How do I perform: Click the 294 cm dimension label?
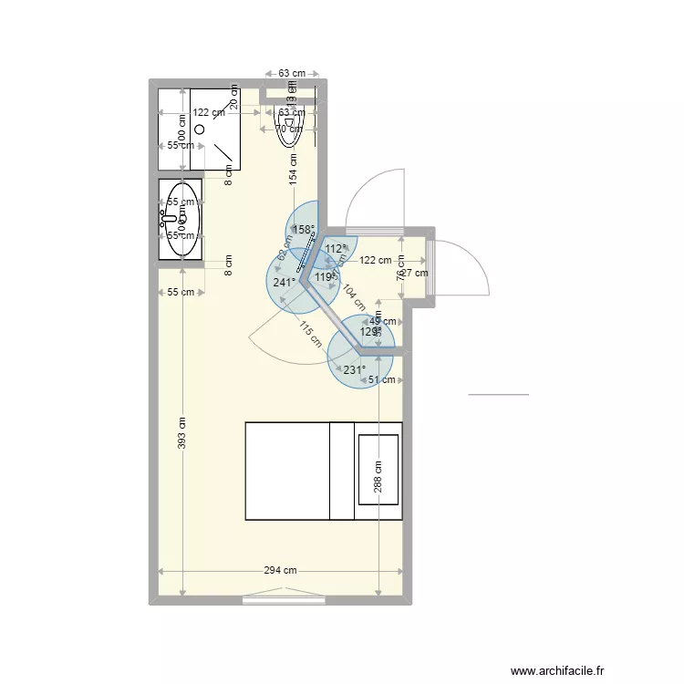click(x=281, y=571)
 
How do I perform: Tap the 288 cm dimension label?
click(x=378, y=475)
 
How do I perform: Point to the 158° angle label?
click(x=303, y=230)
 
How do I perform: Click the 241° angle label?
click(x=284, y=283)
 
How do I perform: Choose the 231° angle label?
click(x=355, y=370)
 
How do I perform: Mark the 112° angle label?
click(x=336, y=248)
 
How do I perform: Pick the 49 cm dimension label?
click(x=383, y=321)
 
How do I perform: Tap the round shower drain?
click(x=199, y=130)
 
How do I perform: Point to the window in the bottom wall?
click(x=285, y=600)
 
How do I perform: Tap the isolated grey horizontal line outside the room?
click(x=498, y=395)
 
